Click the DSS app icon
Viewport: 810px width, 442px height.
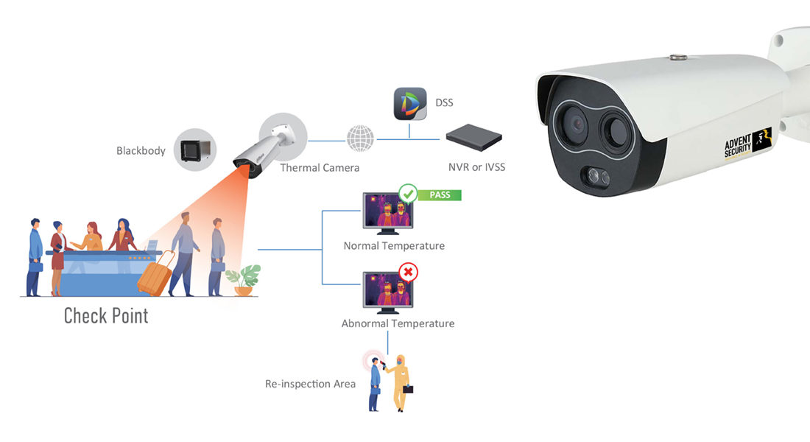[x=409, y=103]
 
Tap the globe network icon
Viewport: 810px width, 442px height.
[x=360, y=138]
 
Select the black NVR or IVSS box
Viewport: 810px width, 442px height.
[x=473, y=137]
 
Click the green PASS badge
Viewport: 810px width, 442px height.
[x=440, y=195]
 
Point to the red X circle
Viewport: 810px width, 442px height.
[x=408, y=273]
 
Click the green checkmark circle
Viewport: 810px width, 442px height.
[x=408, y=194]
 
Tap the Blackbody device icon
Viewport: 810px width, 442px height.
[x=194, y=150]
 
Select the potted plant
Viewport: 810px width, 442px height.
[x=243, y=279]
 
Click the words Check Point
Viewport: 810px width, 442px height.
[x=106, y=316]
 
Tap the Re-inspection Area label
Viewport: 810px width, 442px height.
[x=310, y=384]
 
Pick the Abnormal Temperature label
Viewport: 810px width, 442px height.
[x=398, y=323]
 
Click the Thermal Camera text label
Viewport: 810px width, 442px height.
[x=320, y=168]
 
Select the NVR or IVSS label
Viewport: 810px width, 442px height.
[x=476, y=167]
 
